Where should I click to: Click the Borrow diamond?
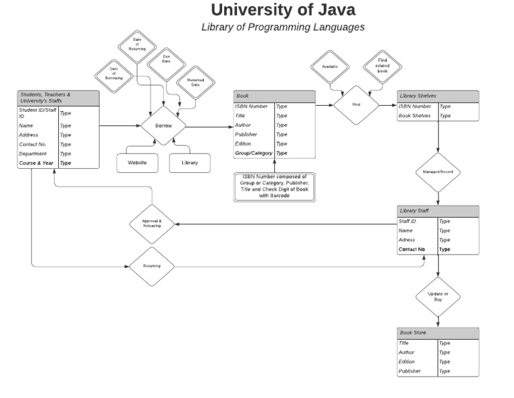coord(163,126)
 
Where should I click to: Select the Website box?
coord(137,163)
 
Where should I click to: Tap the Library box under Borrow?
coord(189,163)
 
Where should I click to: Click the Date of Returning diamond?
coord(137,46)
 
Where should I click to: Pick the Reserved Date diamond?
coord(195,83)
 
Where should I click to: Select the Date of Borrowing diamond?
coord(114,72)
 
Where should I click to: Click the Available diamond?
coord(330,67)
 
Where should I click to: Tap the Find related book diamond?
coord(382,66)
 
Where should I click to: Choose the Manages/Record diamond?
coord(438,172)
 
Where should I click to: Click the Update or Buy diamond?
coord(438,296)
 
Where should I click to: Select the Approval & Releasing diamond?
coord(152,224)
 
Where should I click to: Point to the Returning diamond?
coord(152,266)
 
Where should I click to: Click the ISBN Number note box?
coord(274,186)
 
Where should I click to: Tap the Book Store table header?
coord(438,333)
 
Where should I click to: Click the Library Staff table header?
coord(438,211)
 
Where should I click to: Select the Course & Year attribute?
coord(37,163)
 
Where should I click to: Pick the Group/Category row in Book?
coord(254,153)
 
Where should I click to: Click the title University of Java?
coord(283,10)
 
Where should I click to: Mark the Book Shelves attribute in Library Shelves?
coord(415,116)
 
